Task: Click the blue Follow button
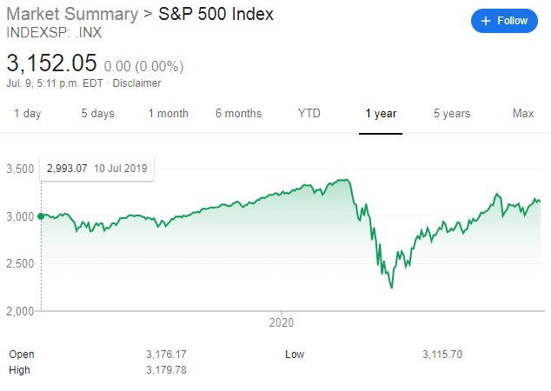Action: pyautogui.click(x=504, y=21)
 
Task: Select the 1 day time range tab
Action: pyautogui.click(x=28, y=114)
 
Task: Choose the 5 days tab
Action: pyautogui.click(x=97, y=114)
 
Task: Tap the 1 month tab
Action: pyautogui.click(x=169, y=114)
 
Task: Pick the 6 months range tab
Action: pyautogui.click(x=239, y=114)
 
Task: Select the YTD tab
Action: pyautogui.click(x=309, y=113)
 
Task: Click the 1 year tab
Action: pyautogui.click(x=381, y=114)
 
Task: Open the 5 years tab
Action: pyautogui.click(x=452, y=114)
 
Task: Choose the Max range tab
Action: pyautogui.click(x=523, y=113)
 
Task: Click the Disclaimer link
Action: pyautogui.click(x=136, y=83)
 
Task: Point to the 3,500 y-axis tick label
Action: pyautogui.click(x=20, y=169)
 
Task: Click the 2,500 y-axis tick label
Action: pyautogui.click(x=20, y=263)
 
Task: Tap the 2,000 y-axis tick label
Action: pyautogui.click(x=20, y=311)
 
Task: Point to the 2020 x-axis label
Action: pyautogui.click(x=281, y=322)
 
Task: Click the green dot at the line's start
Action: pyautogui.click(x=41, y=216)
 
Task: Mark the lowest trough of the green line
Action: pyautogui.click(x=392, y=288)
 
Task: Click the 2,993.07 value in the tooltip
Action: pyautogui.click(x=67, y=169)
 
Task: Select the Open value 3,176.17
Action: pyautogui.click(x=166, y=355)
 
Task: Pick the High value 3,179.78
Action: pyautogui.click(x=166, y=370)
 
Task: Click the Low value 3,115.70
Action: pyautogui.click(x=442, y=355)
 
